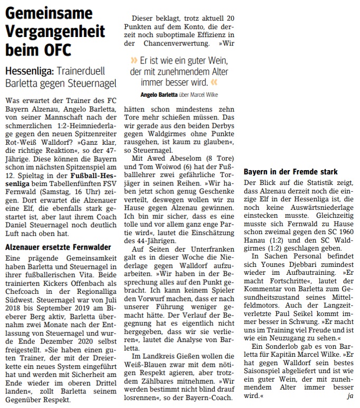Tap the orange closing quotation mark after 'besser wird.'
(x=213, y=82)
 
